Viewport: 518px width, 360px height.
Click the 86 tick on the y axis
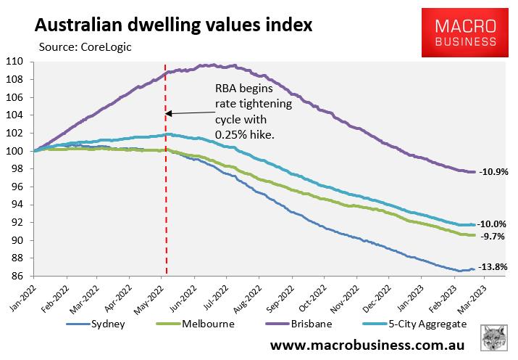point(17,277)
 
